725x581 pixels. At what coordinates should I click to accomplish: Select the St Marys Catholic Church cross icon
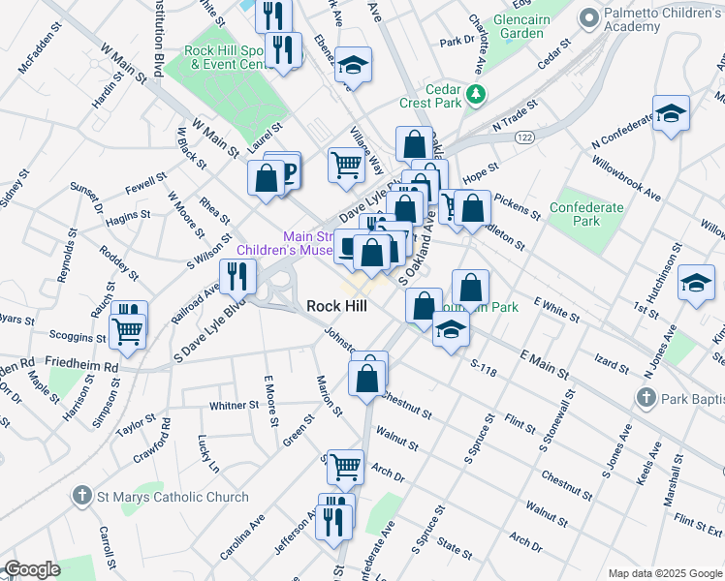(83, 497)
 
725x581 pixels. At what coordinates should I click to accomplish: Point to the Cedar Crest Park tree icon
(475, 94)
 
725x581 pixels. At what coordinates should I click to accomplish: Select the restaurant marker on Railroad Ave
(237, 276)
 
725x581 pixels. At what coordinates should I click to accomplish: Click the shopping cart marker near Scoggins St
(128, 331)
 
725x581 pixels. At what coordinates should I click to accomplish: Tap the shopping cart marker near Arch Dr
(345, 467)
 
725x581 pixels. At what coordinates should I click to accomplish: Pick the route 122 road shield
(524, 138)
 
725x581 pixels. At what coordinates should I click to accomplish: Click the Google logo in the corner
(31, 569)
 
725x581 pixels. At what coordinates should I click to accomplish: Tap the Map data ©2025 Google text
(664, 573)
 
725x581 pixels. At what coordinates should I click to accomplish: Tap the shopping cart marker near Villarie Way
(345, 165)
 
